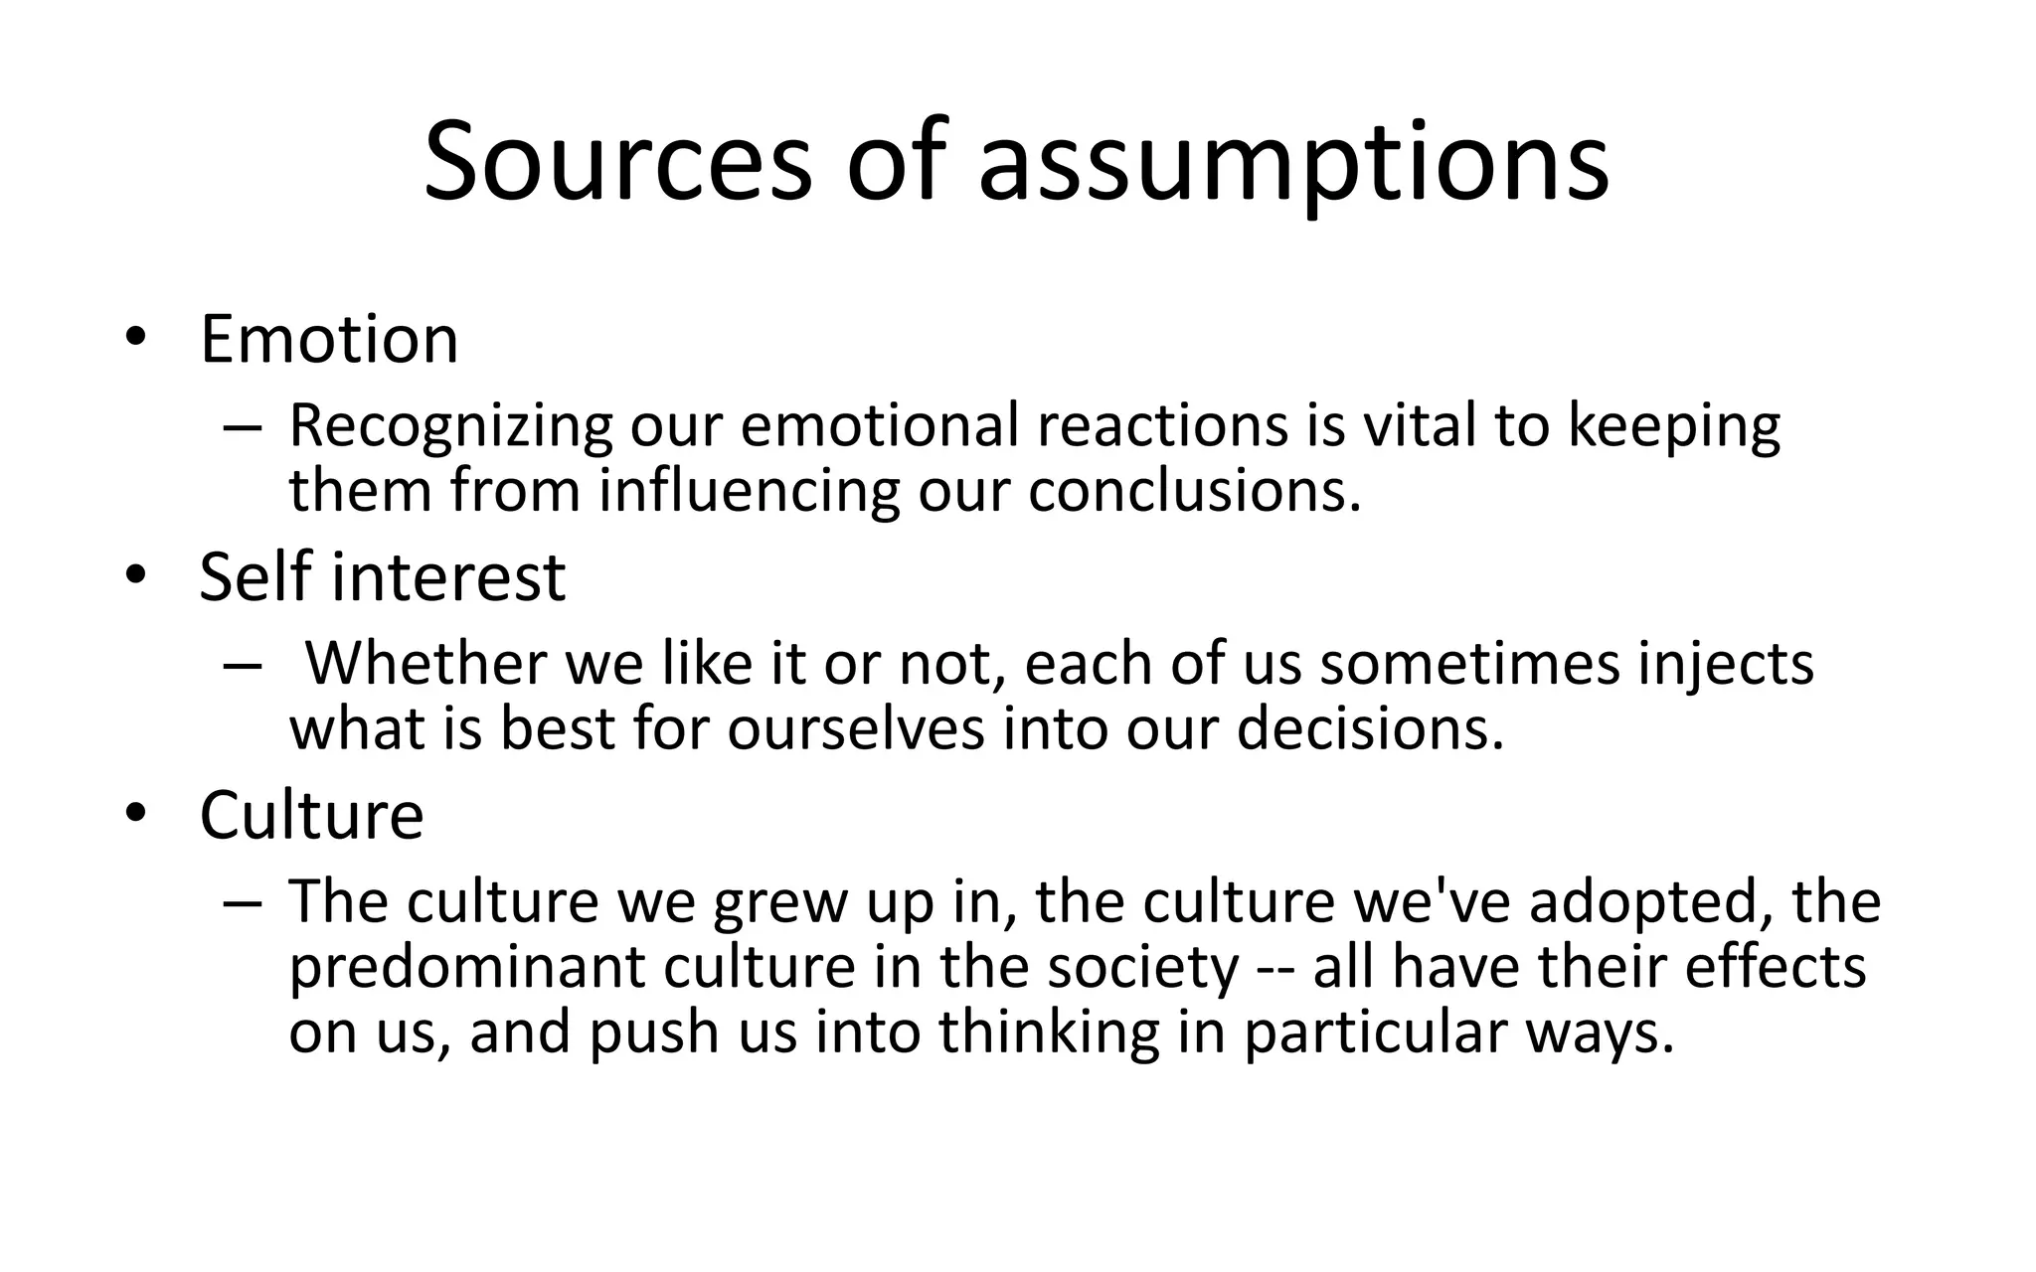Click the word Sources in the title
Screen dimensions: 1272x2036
617,162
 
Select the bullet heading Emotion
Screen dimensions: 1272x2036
329,340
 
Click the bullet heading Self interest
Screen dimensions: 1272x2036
382,577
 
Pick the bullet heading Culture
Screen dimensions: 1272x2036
311,816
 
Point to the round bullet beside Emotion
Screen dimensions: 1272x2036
135,338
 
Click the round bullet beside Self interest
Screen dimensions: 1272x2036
135,575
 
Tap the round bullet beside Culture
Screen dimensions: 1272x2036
135,814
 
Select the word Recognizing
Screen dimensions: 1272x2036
450,426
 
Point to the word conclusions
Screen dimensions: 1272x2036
1193,491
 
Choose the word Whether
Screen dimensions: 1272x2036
425,663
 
